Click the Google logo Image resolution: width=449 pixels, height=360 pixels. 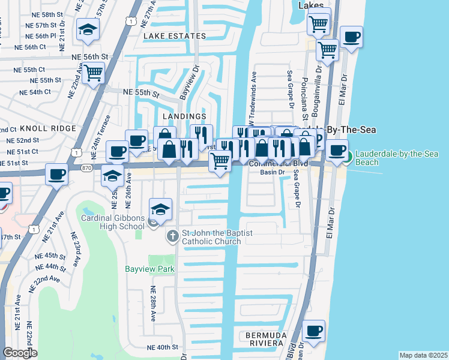click(x=20, y=353)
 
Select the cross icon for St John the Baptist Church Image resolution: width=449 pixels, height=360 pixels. click(x=172, y=236)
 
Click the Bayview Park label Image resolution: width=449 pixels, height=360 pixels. click(x=149, y=269)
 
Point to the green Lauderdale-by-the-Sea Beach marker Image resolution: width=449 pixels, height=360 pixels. click(x=348, y=158)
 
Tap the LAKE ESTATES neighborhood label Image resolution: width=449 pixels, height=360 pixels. click(x=175, y=36)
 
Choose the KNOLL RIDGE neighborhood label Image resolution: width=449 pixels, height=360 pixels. click(x=48, y=128)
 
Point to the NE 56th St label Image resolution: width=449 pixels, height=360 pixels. click(x=89, y=56)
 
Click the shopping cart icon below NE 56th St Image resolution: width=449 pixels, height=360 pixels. click(x=93, y=73)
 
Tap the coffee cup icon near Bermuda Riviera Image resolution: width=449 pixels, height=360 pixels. click(x=313, y=330)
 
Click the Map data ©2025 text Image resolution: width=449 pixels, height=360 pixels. click(x=423, y=355)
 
